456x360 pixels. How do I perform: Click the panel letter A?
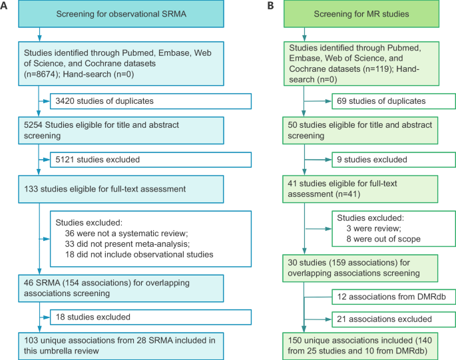tap(5, 6)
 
